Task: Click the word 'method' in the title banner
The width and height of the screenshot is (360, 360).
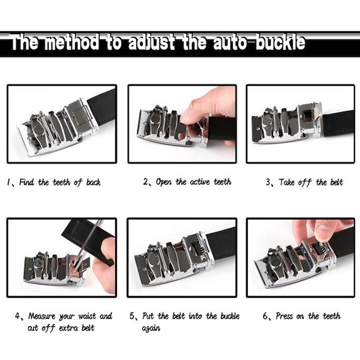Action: pyautogui.click(x=71, y=42)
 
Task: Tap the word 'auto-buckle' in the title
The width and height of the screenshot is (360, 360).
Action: pyautogui.click(x=259, y=42)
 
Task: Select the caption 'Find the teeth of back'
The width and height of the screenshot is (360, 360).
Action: pyautogui.click(x=59, y=182)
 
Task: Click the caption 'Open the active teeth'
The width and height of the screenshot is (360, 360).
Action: pyautogui.click(x=194, y=182)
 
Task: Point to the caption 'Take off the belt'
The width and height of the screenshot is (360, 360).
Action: pyautogui.click(x=311, y=182)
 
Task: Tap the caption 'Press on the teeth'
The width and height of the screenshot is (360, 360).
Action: pyautogui.click(x=308, y=316)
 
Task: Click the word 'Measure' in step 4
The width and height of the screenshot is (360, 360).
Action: pyautogui.click(x=42, y=316)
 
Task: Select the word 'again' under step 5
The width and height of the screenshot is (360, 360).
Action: pyautogui.click(x=151, y=328)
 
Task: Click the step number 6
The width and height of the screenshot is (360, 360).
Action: pyautogui.click(x=265, y=316)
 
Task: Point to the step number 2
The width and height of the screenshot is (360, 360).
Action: pyautogui.click(x=146, y=182)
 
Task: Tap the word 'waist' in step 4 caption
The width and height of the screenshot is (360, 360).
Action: pyautogui.click(x=87, y=316)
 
